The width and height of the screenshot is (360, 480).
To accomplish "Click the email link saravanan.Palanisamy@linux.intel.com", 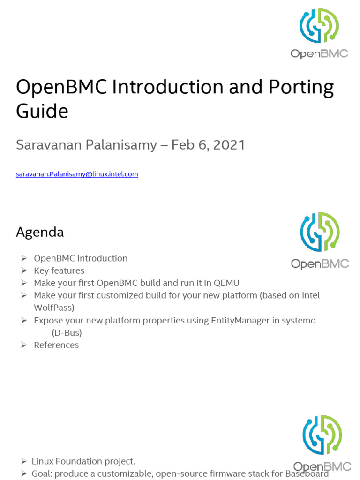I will click(77, 174).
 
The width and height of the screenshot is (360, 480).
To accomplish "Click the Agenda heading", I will click(40, 232).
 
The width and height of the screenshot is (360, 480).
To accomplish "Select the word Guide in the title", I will click(42, 112).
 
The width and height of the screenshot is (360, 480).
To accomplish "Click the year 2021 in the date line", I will click(229, 145).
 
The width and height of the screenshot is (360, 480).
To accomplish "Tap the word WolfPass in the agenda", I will click(54, 307).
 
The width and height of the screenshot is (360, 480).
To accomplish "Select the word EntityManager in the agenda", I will click(245, 320).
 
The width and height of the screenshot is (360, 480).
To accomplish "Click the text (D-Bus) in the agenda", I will click(67, 332).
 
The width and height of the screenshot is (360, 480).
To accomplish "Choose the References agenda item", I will click(56, 345).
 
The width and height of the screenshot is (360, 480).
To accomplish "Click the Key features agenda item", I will click(59, 270).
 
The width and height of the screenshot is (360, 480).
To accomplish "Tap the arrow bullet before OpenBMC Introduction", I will click(23, 258).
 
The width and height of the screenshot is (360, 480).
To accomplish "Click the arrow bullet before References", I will click(23, 345).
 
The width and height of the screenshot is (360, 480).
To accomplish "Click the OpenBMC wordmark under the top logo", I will click(319, 53).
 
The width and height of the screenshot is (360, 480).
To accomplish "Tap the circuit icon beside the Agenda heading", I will click(320, 231).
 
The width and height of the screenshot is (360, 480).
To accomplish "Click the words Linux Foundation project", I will click(83, 461).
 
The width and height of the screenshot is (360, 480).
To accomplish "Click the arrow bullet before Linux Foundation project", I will click(23, 461).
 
